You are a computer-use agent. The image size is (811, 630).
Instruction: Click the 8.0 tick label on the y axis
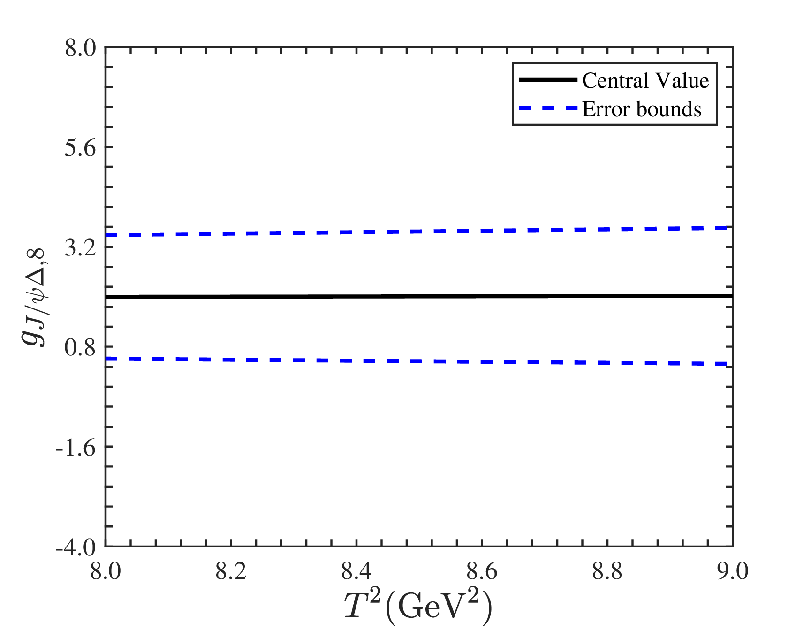point(80,48)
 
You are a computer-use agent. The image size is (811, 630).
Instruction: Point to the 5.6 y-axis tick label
point(80,148)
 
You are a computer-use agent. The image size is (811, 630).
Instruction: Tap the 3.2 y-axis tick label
point(80,247)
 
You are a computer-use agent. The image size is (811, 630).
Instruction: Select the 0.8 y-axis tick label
point(80,347)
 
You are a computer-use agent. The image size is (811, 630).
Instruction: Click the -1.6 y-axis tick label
point(76,447)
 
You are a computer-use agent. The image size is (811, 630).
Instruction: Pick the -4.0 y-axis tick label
point(76,547)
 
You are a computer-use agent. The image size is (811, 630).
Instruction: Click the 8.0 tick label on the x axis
point(106,572)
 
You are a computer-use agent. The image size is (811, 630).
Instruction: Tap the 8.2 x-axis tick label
point(231,572)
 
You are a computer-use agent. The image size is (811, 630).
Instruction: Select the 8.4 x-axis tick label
point(356,572)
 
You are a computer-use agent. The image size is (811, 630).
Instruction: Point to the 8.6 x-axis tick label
point(482,572)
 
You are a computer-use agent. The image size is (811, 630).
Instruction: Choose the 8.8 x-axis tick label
point(607,572)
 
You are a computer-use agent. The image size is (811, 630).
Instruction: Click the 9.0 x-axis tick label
point(733,572)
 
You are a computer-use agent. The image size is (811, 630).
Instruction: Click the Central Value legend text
point(645,80)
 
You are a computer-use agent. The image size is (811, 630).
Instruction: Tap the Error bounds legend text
point(642,109)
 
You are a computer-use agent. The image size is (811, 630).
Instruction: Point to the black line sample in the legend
point(548,80)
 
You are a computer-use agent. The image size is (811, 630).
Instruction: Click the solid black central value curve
point(419,296)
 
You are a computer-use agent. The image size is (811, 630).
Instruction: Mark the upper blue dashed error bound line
point(419,231)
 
